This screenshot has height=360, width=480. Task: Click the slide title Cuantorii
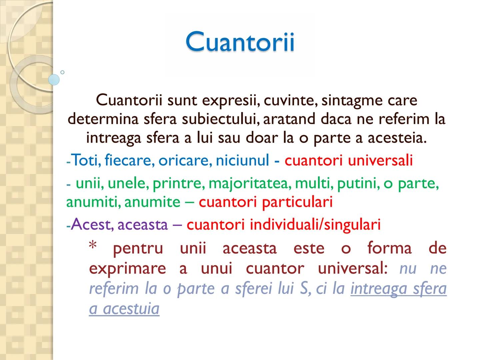(240, 42)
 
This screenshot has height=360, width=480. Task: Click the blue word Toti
(86, 160)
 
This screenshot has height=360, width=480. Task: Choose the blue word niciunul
(242, 160)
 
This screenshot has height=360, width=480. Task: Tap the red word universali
(380, 160)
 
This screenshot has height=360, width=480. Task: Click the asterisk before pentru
(93, 247)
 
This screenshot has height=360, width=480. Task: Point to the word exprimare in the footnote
(127, 268)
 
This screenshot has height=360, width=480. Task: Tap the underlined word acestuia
(131, 309)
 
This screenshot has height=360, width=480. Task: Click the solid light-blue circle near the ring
(54, 80)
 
